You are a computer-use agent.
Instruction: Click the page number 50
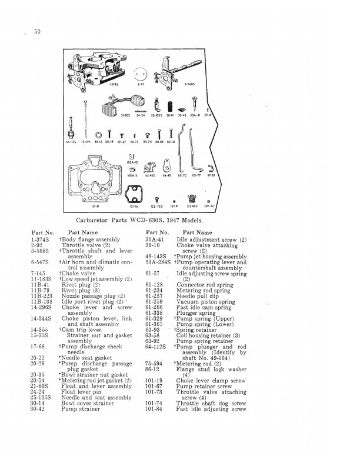click(x=37, y=31)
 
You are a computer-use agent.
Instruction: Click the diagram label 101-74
click(x=159, y=142)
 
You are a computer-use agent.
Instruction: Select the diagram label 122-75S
click(x=157, y=207)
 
